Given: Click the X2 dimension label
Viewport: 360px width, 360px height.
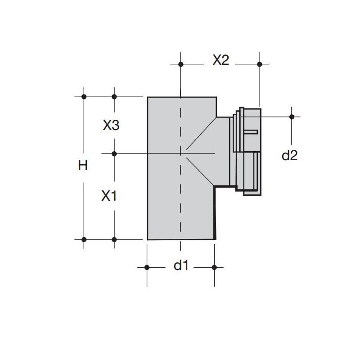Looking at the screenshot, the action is [x=220, y=60].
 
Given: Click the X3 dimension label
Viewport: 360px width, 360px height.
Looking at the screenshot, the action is [x=111, y=126].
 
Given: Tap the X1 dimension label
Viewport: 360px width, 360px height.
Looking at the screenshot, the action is [x=109, y=196].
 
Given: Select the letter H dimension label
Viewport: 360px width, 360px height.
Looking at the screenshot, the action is [x=83, y=165].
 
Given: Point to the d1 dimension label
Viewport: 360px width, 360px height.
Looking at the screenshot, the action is [x=181, y=265].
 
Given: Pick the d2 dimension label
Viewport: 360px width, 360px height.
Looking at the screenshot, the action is [x=289, y=155].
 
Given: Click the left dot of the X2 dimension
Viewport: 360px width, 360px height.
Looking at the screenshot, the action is [x=181, y=64].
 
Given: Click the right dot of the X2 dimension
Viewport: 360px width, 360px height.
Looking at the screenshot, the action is [x=260, y=64].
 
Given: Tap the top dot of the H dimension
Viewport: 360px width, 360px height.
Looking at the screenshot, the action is [x=84, y=97].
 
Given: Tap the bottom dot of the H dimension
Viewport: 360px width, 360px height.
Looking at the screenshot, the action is [x=84, y=240].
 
